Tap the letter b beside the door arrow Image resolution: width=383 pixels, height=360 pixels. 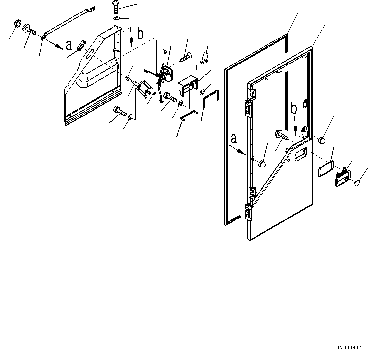294,109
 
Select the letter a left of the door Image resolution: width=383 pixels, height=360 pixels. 233,139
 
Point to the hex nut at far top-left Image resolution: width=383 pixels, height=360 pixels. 18,24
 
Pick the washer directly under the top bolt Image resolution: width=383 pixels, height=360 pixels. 116,18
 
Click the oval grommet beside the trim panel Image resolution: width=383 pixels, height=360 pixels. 81,45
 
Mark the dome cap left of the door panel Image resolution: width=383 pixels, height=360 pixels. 262,164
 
